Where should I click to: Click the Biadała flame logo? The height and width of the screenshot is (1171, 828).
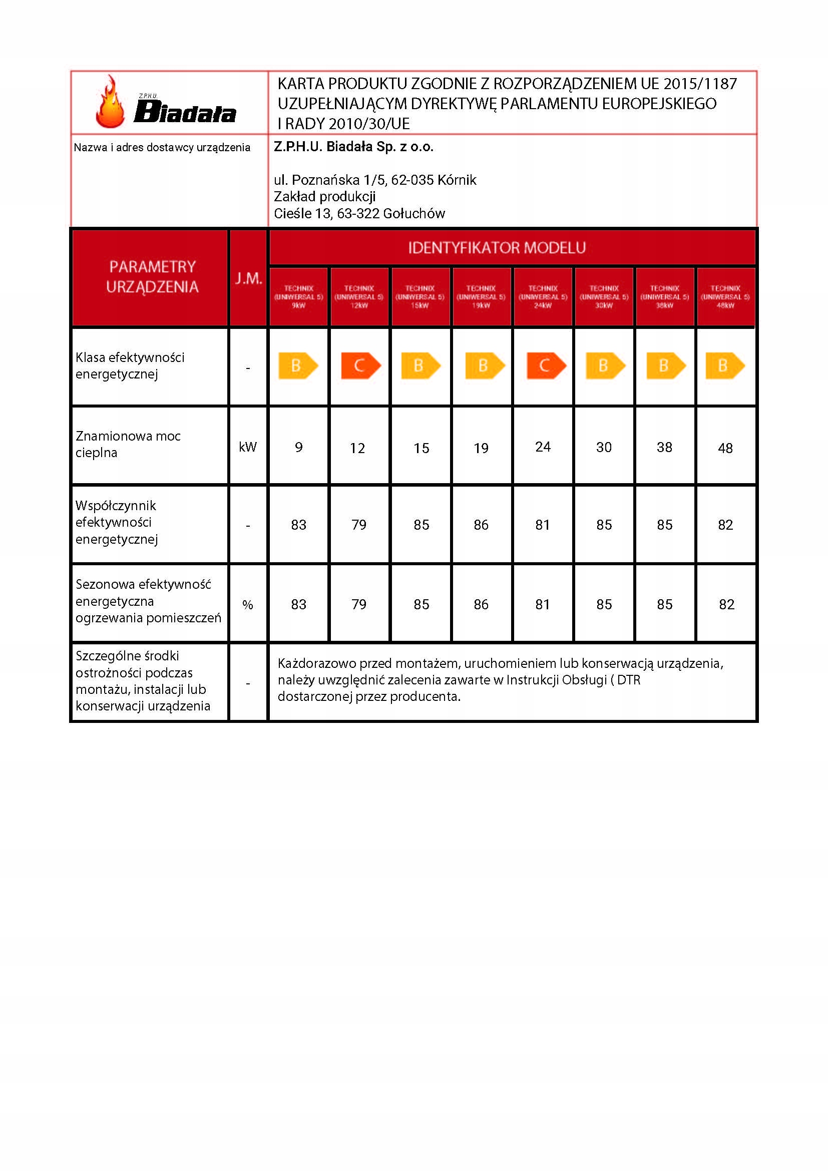coord(166,103)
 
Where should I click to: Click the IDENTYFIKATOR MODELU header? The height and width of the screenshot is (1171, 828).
coord(497,248)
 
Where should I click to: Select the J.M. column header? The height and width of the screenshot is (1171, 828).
coord(248,278)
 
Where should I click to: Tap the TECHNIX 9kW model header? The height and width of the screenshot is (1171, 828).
coord(298,297)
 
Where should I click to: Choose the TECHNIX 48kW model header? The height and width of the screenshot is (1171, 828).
coord(725,297)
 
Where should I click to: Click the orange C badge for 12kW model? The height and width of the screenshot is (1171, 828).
coord(360,365)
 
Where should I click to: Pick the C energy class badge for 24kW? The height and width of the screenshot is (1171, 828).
coord(546,365)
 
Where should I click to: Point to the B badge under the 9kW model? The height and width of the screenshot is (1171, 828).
coord(298,365)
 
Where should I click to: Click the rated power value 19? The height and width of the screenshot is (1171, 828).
coord(481,448)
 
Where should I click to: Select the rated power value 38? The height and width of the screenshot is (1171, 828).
coord(664,447)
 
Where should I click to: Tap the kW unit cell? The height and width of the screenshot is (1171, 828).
coord(248,447)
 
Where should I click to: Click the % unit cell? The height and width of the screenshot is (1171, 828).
coord(248,605)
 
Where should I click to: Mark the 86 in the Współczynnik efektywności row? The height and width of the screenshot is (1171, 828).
coord(481,525)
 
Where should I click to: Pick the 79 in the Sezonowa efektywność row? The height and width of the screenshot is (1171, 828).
coord(359,604)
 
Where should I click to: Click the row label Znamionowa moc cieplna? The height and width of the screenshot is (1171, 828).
coord(128,444)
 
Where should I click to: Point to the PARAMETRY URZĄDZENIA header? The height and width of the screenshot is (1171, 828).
coord(152,277)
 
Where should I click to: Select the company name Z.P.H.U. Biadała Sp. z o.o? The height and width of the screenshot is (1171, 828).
coord(353,147)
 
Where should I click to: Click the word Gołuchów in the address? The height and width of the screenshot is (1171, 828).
coord(413,214)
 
